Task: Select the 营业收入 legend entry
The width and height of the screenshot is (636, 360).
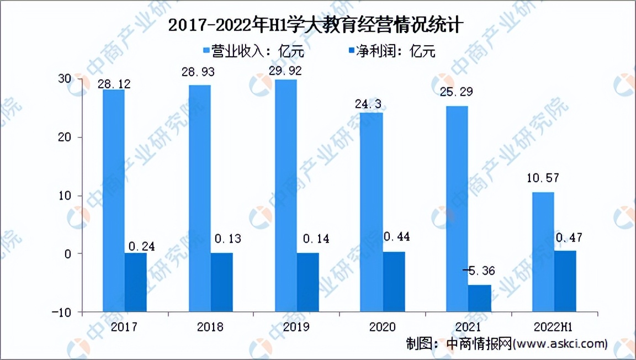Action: coord(254,51)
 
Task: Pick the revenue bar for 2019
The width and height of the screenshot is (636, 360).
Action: coord(286,166)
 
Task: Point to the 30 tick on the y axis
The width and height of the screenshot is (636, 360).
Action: coord(65,79)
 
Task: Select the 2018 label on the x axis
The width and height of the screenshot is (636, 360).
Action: coord(210,327)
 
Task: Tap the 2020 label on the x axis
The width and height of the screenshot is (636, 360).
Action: coord(382,327)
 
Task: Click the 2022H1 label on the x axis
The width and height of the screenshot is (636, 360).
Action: coord(554,327)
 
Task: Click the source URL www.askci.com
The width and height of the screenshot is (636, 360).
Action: coord(560,344)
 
